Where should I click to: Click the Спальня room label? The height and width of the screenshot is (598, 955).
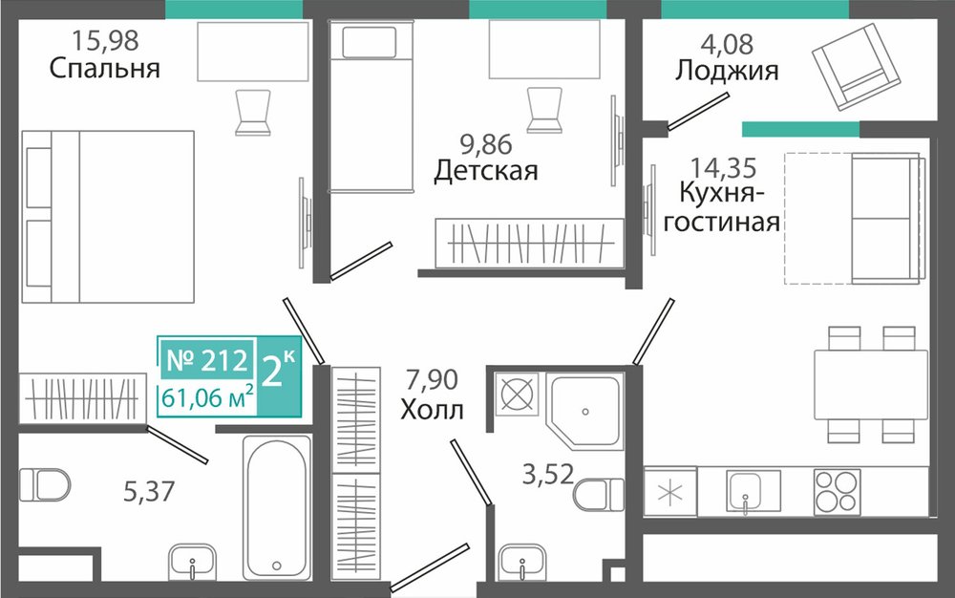coord(105,68)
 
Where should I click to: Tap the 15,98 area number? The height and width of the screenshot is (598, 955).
coord(105,40)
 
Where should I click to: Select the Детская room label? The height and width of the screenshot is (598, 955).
coord(486,170)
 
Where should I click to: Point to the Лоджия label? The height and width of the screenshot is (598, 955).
coord(727,70)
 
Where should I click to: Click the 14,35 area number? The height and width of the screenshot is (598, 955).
coord(723,167)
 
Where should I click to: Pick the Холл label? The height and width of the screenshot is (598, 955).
coord(432,410)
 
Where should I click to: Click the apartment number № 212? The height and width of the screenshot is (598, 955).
coord(207,360)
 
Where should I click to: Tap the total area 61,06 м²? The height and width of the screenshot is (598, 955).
coord(207,398)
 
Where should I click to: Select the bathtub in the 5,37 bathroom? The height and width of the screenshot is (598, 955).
coord(277,507)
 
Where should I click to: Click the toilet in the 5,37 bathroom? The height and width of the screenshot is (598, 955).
coord(45,484)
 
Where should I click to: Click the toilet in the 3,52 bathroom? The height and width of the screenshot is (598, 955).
coord(599,495)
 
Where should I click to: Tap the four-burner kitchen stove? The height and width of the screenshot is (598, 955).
coord(837,492)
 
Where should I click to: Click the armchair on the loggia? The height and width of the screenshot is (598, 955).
coord(856,67)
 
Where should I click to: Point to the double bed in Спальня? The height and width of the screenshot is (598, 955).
coord(108,217)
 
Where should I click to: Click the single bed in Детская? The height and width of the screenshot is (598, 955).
coord(371,107)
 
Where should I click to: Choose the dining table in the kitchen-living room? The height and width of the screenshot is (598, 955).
coord(871,385)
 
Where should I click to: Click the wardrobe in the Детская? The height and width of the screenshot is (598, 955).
coord(529,243)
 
